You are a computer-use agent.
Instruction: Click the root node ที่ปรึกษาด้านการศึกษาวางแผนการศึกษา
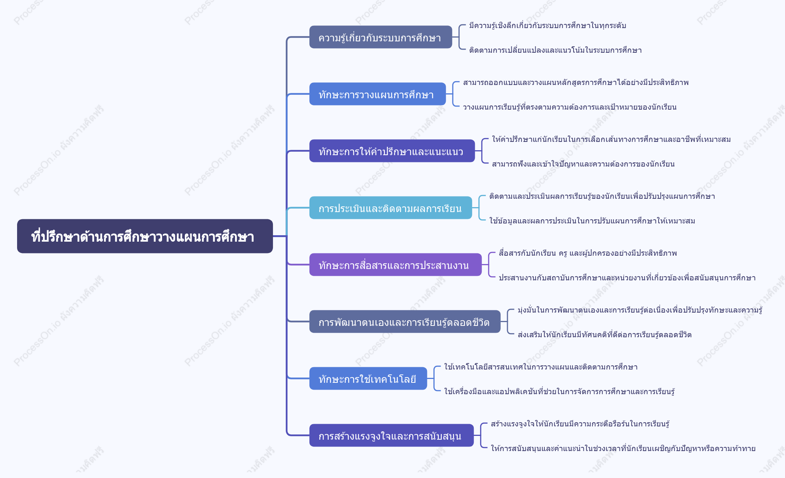145,236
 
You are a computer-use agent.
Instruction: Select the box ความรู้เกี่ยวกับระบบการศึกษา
381,37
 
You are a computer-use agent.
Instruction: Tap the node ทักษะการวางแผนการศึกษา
378,94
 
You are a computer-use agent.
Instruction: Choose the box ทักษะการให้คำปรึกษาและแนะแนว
392,151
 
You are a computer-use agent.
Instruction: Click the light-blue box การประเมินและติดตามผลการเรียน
391,208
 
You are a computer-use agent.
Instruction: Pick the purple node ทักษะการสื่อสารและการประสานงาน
396,265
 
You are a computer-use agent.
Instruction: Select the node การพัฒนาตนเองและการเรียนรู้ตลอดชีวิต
405,322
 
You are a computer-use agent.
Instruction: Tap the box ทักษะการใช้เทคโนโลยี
368,379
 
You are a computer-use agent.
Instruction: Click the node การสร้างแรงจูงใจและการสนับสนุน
391,436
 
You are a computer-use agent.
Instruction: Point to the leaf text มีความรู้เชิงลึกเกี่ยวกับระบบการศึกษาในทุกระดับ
547,25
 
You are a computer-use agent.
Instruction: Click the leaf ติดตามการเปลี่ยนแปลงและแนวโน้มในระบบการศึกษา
555,50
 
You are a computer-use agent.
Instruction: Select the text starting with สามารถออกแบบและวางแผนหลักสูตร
576,82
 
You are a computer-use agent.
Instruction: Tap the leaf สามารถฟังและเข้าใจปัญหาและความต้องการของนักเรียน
583,164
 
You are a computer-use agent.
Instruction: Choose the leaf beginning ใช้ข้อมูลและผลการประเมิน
592,221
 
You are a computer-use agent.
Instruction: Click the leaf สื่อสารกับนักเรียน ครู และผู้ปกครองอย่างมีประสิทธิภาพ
588,253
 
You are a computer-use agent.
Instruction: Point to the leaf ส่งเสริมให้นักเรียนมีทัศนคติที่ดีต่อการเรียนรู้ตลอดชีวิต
604,335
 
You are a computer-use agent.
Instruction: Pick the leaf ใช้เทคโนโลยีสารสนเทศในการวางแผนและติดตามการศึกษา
541,367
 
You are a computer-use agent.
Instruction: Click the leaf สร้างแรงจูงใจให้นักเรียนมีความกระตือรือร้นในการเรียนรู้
580,424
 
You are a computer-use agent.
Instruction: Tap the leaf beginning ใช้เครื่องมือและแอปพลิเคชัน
560,392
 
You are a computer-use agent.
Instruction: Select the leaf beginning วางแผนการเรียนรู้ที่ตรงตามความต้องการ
570,107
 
